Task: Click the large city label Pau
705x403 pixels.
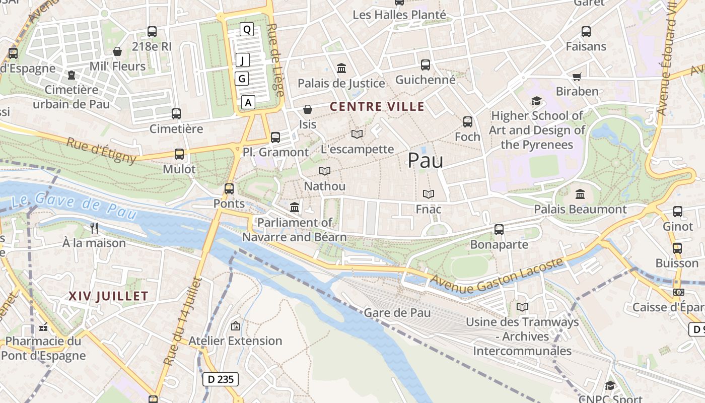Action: (425, 160)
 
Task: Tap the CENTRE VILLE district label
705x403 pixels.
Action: (377, 107)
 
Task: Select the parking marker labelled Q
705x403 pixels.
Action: (246, 30)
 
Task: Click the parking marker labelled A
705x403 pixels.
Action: (248, 102)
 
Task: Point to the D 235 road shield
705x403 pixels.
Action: (221, 379)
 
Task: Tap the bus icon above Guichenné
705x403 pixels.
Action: (426, 65)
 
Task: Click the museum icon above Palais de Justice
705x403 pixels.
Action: (341, 69)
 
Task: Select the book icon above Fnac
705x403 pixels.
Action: (429, 194)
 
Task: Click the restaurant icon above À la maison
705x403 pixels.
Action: (94, 228)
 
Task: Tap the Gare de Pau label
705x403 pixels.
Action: (397, 313)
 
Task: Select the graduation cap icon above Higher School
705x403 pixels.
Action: (536, 101)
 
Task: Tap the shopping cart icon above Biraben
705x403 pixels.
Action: (577, 77)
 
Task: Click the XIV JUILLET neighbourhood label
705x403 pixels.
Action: (108, 296)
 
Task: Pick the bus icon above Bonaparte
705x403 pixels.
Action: (499, 230)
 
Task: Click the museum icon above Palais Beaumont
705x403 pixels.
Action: (580, 194)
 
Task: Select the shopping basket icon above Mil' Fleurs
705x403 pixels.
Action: (117, 51)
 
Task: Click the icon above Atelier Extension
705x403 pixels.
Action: (235, 326)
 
